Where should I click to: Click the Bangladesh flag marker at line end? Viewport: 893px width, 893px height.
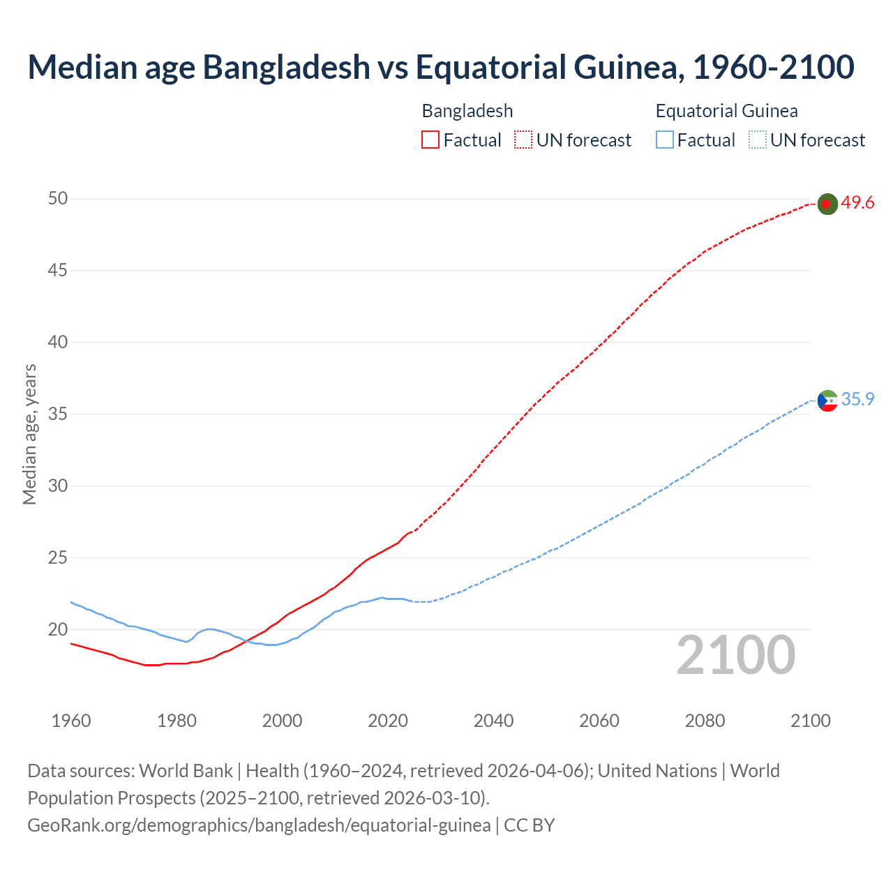(827, 204)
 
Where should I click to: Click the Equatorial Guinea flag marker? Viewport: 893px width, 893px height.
(827, 400)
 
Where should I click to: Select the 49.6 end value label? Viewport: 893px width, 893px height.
(857, 203)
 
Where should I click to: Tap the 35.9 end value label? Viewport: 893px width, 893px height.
(857, 399)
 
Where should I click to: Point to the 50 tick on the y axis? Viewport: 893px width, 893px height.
(58, 199)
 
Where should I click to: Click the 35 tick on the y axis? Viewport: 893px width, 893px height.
(58, 414)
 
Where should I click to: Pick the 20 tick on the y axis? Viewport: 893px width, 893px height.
(58, 630)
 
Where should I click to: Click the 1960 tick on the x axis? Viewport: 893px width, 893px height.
(71, 721)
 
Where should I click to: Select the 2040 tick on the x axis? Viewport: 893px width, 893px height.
(493, 721)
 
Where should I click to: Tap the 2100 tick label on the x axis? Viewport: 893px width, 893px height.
(810, 721)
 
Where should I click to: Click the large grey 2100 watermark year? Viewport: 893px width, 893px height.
(735, 655)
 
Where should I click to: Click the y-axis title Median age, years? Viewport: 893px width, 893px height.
(29, 434)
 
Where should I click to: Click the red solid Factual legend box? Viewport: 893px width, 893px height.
(430, 140)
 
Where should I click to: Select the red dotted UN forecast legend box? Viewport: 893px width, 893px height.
(523, 140)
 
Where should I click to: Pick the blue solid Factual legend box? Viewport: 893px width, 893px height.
(665, 140)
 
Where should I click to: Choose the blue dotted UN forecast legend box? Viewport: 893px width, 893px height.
(758, 140)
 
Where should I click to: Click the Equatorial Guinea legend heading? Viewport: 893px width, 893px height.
(726, 111)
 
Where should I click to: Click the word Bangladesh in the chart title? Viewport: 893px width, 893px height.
(286, 68)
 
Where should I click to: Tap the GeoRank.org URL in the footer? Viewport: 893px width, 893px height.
(259, 825)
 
